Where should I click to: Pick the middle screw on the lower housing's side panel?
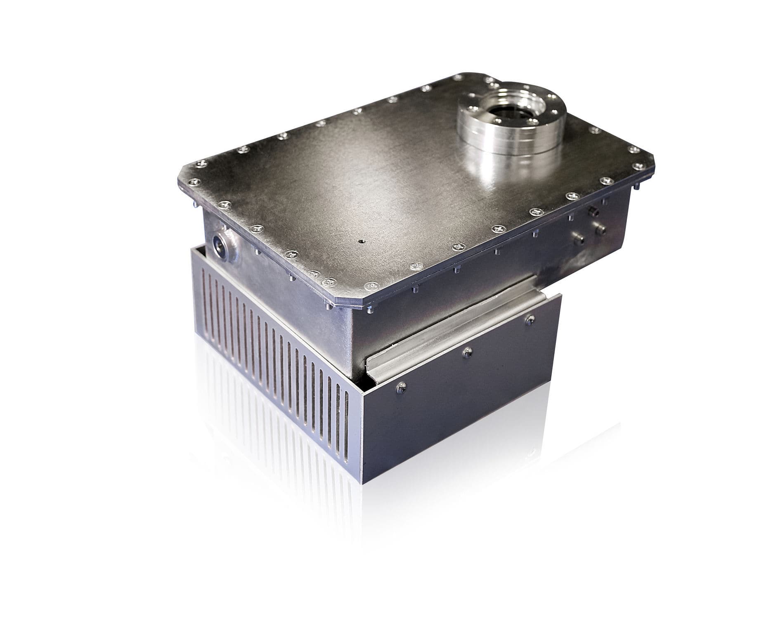point(468,351)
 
